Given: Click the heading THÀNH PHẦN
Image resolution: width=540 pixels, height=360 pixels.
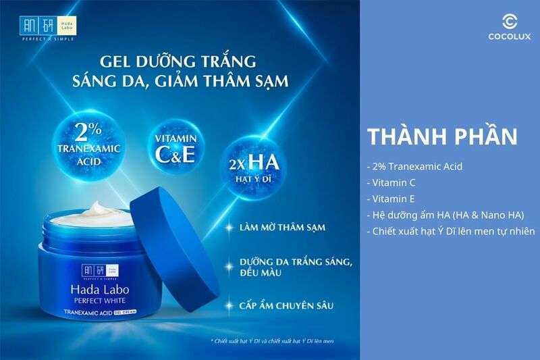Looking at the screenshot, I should coord(443,136).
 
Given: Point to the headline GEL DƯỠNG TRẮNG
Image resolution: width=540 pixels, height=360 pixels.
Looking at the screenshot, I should coord(178,61).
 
